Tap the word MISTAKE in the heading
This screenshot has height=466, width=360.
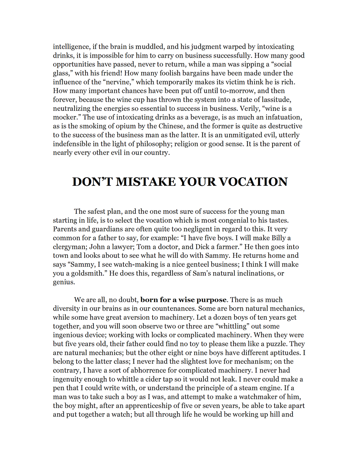point(146,182)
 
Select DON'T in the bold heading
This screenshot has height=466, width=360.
point(92,182)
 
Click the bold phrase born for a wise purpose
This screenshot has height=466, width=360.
point(184,300)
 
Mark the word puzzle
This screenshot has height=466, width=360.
point(277,344)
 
